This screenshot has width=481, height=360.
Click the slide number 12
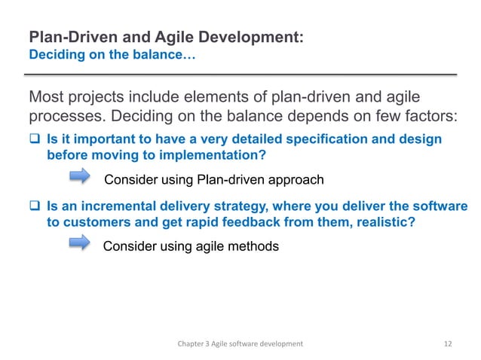[448, 343]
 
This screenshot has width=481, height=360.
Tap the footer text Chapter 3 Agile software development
[240, 343]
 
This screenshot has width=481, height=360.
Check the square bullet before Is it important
[35, 139]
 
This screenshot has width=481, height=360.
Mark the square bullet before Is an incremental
[35, 206]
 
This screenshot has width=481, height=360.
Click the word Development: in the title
[253, 36]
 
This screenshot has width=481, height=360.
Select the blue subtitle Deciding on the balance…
[112, 53]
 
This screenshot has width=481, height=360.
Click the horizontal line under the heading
[241, 75]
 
